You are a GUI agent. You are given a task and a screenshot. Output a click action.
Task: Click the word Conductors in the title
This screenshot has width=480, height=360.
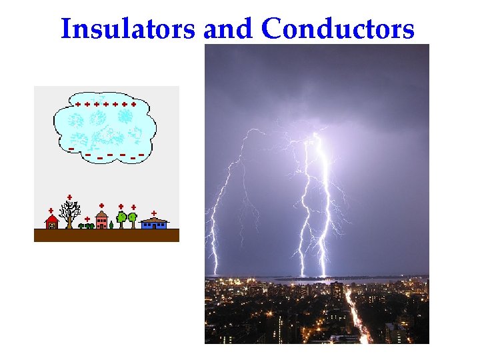pyautogui.click(x=338, y=29)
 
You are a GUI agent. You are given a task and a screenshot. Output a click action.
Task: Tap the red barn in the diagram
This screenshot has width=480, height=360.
pyautogui.click(x=51, y=222)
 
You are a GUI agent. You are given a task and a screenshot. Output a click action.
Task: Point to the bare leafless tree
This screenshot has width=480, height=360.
pyautogui.click(x=69, y=214)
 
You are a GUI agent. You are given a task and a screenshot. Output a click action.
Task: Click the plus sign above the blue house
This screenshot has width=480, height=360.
pyautogui.click(x=154, y=213)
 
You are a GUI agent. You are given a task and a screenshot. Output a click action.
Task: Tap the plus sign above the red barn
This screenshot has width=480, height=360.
pyautogui.click(x=51, y=211)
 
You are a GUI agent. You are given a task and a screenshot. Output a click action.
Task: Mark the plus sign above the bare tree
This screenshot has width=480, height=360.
pyautogui.click(x=69, y=197)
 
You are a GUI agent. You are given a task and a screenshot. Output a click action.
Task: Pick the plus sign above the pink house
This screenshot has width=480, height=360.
pyautogui.click(x=101, y=205)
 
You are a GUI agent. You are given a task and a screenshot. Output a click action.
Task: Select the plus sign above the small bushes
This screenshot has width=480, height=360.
pyautogui.click(x=87, y=219)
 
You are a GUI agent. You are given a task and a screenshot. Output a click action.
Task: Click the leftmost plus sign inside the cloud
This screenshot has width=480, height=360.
pyautogui.click(x=78, y=105)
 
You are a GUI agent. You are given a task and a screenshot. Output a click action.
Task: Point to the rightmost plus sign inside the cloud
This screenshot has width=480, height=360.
pyautogui.click(x=133, y=105)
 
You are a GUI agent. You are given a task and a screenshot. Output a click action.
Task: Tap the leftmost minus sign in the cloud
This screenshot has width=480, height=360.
pyautogui.click(x=71, y=148)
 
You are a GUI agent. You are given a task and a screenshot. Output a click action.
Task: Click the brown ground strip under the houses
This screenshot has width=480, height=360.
pyautogui.click(x=107, y=235)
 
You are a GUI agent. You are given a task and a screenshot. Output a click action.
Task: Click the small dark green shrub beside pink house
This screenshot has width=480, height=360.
pyautogui.click(x=111, y=225)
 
